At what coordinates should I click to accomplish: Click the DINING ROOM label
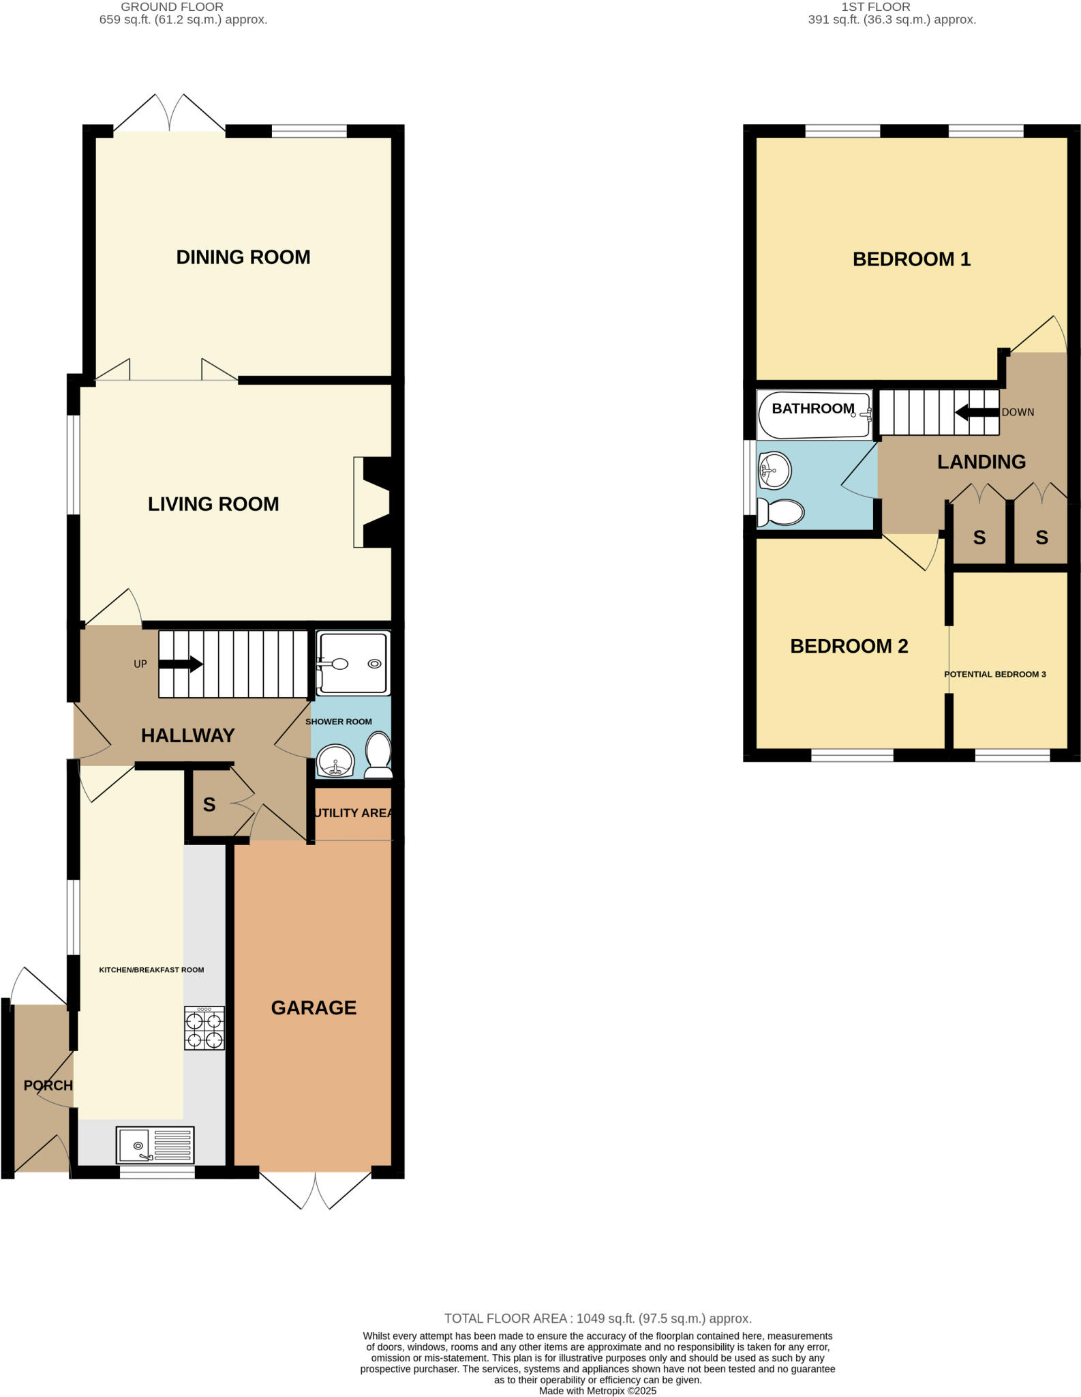pyautogui.click(x=243, y=257)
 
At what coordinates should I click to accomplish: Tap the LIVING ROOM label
pyautogui.click(x=213, y=504)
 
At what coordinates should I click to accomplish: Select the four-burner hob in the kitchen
pyautogui.click(x=204, y=1028)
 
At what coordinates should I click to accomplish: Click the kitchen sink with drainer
pyautogui.click(x=155, y=1145)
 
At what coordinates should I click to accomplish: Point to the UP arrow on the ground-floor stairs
pyautogui.click(x=181, y=664)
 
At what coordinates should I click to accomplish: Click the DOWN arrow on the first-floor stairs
pyautogui.click(x=977, y=412)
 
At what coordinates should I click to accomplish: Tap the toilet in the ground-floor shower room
pyautogui.click(x=379, y=755)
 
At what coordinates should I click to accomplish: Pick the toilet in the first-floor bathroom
pyautogui.click(x=781, y=512)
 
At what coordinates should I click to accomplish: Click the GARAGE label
pyautogui.click(x=314, y=1008)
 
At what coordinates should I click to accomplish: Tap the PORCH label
pyautogui.click(x=48, y=1085)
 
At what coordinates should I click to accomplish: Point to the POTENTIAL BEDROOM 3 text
pyautogui.click(x=994, y=674)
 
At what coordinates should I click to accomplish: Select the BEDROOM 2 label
pyautogui.click(x=849, y=646)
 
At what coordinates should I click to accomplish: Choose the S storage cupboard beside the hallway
pyautogui.click(x=209, y=805)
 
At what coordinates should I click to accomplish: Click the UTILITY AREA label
pyautogui.click(x=352, y=813)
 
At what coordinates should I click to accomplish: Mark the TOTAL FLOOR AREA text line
pyautogui.click(x=597, y=1319)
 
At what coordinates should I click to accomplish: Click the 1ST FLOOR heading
pyautogui.click(x=876, y=7)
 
